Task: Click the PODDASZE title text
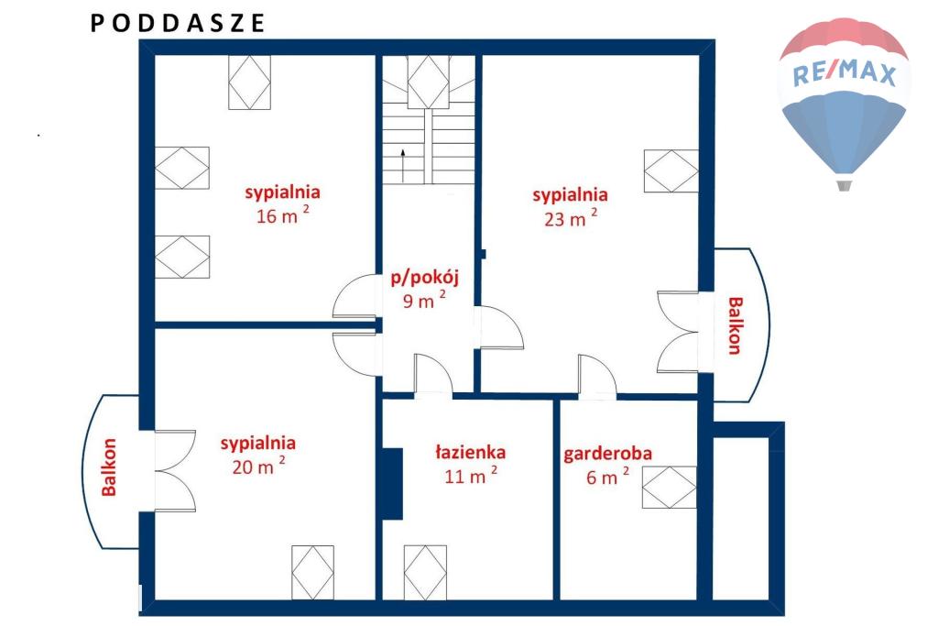pos(178,23)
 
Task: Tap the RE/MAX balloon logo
pos(844,103)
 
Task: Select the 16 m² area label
pos(282,215)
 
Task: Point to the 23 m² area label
pos(571,218)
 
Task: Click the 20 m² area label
pos(258,466)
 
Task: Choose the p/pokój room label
pos(424,278)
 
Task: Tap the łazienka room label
pos(470,452)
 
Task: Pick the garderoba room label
pos(608,454)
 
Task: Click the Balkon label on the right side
pos(735,325)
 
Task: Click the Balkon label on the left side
pos(109,467)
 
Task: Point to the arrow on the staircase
pos(403,166)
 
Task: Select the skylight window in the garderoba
pos(670,488)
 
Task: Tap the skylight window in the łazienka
pos(425,573)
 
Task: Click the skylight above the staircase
pos(429,82)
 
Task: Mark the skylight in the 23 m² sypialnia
pos(671,170)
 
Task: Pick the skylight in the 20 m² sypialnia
pos(313,573)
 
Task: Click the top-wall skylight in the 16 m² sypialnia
pos(249,82)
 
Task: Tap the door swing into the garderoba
pos(597,376)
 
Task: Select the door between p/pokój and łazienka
pos(433,375)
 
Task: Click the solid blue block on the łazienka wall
pos(392,484)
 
